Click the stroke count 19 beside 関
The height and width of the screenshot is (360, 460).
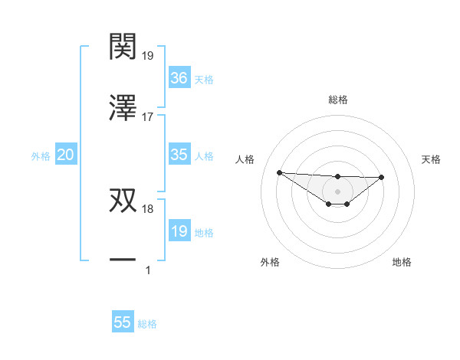click(x=147, y=55)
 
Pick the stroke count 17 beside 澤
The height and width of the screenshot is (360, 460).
click(x=147, y=117)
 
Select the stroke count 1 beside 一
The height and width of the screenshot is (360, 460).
click(x=147, y=270)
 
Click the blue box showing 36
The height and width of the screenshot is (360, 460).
click(x=179, y=77)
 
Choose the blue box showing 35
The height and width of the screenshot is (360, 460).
click(x=179, y=155)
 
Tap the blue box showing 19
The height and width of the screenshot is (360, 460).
click(x=179, y=231)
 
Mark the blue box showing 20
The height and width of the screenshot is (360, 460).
click(x=65, y=155)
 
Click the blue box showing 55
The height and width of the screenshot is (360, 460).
click(x=123, y=322)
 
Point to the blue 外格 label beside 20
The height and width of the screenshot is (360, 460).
click(x=41, y=156)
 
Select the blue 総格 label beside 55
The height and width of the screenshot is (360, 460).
click(x=147, y=324)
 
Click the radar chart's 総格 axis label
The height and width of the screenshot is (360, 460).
click(x=337, y=100)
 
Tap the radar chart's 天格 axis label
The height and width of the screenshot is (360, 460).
click(x=432, y=159)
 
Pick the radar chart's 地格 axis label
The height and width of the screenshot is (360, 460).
click(x=402, y=262)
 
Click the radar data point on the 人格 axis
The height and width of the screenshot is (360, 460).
click(x=279, y=172)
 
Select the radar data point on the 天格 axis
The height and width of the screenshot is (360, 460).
click(x=382, y=177)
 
